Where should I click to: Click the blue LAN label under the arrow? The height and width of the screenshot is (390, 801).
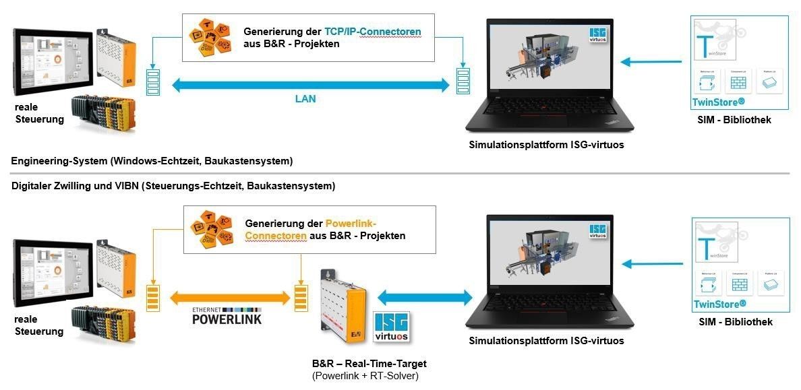pos(305,98)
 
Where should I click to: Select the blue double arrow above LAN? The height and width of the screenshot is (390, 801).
pos(311,85)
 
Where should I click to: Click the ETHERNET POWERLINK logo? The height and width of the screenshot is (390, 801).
pos(227,315)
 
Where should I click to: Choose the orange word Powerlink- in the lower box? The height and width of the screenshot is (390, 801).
pos(351,224)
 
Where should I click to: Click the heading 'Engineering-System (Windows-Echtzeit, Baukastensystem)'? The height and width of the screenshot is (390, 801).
pos(152,161)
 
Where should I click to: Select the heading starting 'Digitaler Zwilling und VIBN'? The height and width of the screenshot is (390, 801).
pos(173,185)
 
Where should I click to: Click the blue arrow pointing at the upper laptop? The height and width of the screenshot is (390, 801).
pos(645,62)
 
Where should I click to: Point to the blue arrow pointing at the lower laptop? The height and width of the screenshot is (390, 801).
pos(646,263)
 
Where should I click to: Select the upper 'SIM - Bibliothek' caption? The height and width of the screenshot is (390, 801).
pos(734,120)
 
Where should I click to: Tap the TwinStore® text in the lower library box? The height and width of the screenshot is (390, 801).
pos(719,304)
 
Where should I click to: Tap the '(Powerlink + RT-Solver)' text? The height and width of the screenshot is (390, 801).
pos(365,376)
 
